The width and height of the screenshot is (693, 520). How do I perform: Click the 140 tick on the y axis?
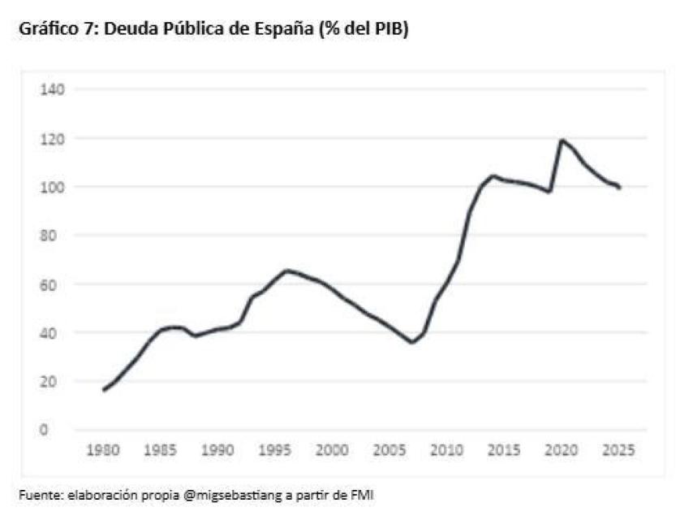pyautogui.click(x=54, y=89)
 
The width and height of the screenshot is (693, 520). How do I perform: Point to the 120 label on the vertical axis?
pyautogui.click(x=54, y=138)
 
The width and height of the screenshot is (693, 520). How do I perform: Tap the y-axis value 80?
pyautogui.click(x=54, y=236)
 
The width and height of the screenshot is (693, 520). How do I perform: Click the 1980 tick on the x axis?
pyautogui.click(x=104, y=448)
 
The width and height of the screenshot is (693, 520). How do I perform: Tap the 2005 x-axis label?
pyautogui.click(x=389, y=448)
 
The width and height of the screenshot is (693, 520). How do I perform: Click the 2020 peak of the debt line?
pyautogui.click(x=561, y=141)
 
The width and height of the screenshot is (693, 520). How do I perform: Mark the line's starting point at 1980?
pyautogui.click(x=104, y=390)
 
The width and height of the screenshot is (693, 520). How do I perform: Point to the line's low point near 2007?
pyautogui.click(x=412, y=342)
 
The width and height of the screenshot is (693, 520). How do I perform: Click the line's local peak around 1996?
pyautogui.click(x=286, y=271)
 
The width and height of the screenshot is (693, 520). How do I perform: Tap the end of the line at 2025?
pyautogui.click(x=620, y=188)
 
